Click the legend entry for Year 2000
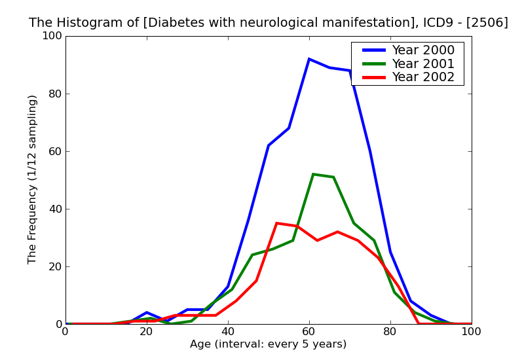tap(422, 50)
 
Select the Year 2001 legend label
tap(422, 63)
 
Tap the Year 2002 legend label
tap(422, 77)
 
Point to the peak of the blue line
tap(309, 59)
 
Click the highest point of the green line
tap(313, 174)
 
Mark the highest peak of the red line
tap(276, 223)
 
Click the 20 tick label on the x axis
tap(147, 332)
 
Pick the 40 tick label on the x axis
tap(228, 332)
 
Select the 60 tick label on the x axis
tap(309, 332)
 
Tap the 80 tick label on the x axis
tap(390, 332)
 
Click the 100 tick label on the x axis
tap(471, 332)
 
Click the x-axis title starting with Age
tap(269, 344)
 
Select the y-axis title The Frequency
tap(33, 179)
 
